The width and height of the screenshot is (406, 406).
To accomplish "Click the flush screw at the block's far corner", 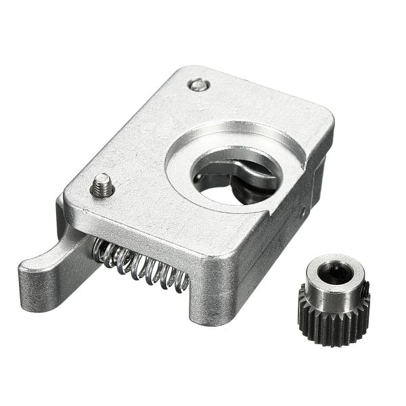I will (198, 85).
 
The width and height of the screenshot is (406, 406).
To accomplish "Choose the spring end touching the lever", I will (101, 252).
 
